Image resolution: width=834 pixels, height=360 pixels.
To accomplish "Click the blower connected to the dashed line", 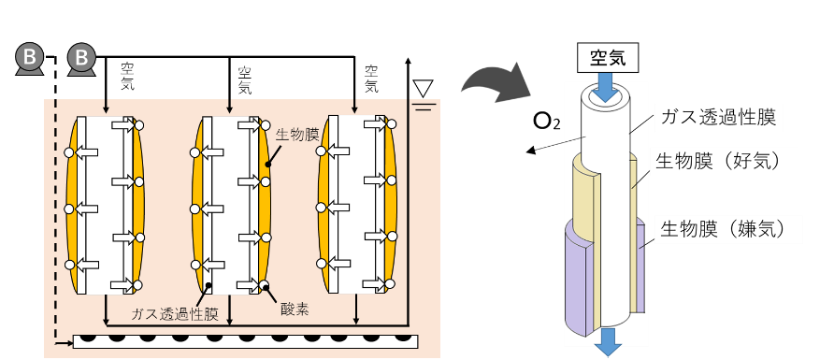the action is [30, 59].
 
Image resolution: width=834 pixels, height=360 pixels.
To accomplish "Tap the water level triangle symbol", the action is [424, 88].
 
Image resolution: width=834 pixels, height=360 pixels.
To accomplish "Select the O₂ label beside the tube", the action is [547, 122].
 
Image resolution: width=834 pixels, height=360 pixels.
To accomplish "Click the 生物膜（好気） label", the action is [718, 161].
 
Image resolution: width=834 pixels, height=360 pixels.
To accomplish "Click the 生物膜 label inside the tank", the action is [296, 134].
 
